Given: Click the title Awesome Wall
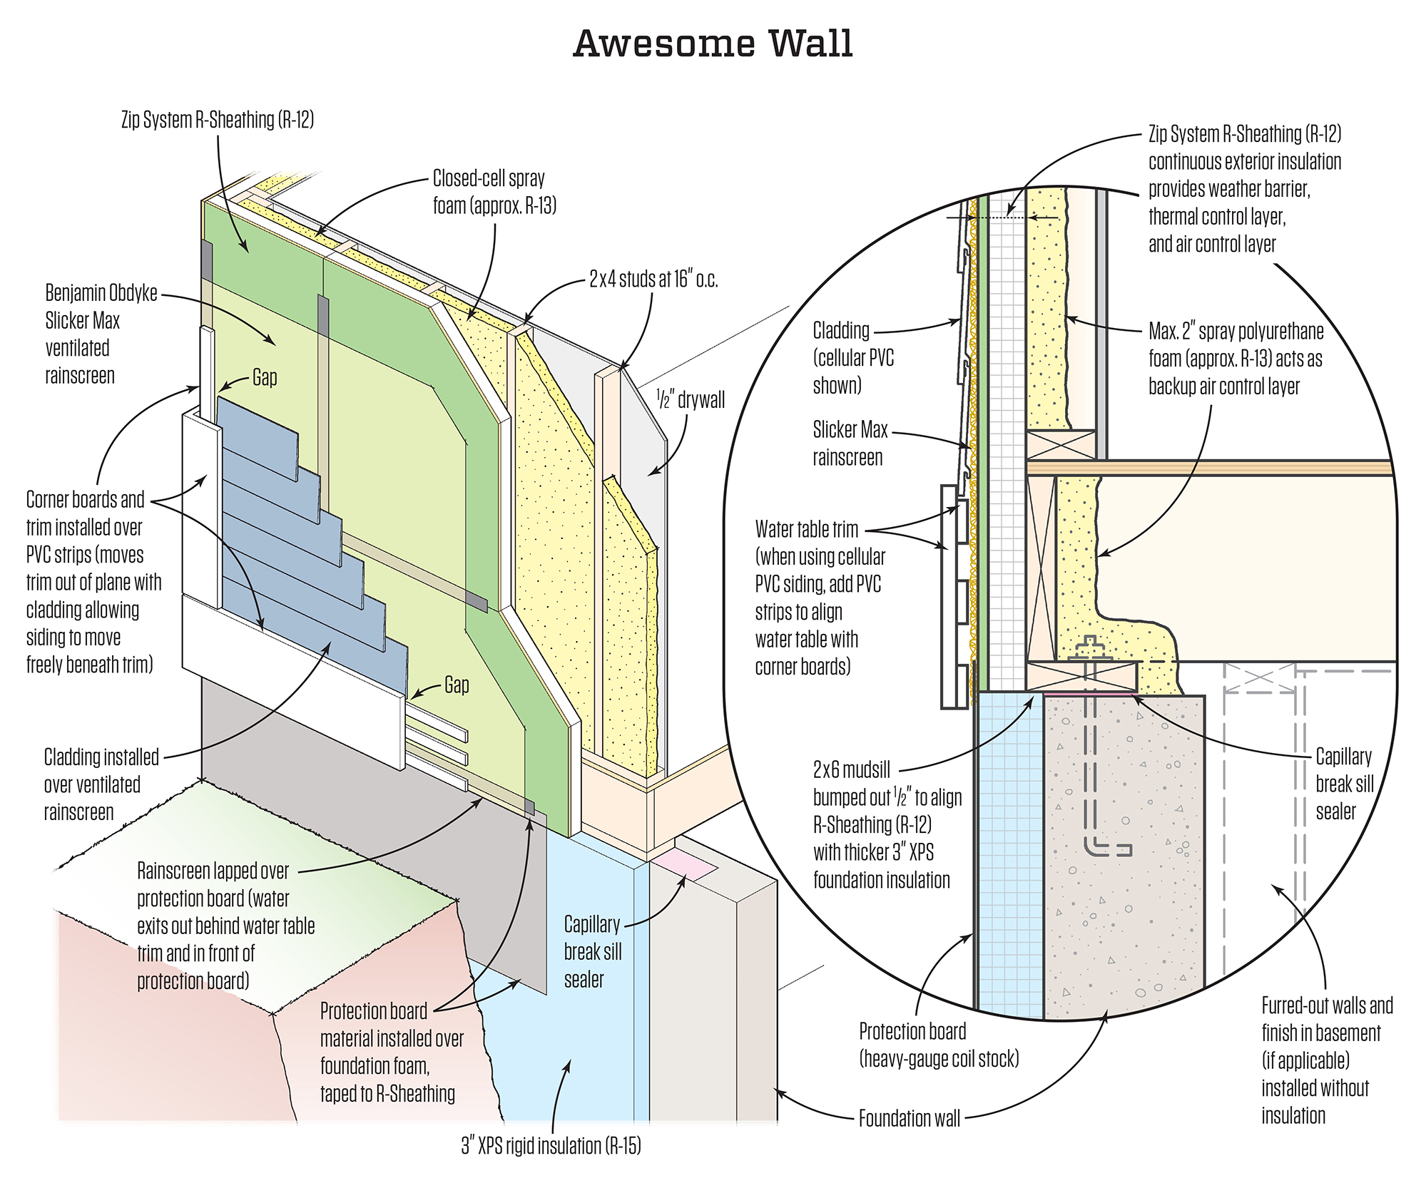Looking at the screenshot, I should click(x=713, y=43).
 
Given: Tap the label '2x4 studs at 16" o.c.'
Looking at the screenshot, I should click(x=653, y=280).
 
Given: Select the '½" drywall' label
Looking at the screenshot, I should click(x=691, y=399).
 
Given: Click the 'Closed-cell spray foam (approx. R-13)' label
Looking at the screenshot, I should click(x=494, y=192).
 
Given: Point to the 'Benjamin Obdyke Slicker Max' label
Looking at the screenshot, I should click(x=101, y=307).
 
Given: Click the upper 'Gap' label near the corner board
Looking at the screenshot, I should click(x=265, y=377).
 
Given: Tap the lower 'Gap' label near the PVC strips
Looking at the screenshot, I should click(x=457, y=685).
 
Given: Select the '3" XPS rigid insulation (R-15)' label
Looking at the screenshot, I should click(x=551, y=1146).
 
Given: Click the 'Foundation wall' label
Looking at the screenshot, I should click(x=909, y=1117).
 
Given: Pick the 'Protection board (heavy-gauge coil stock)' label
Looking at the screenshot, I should click(x=938, y=1045).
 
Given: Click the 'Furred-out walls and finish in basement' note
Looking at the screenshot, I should click(x=1326, y=1060).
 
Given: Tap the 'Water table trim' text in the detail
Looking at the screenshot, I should click(x=807, y=529).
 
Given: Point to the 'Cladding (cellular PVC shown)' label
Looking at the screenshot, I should click(x=853, y=357).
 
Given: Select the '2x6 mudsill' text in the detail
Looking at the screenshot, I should click(x=852, y=769).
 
